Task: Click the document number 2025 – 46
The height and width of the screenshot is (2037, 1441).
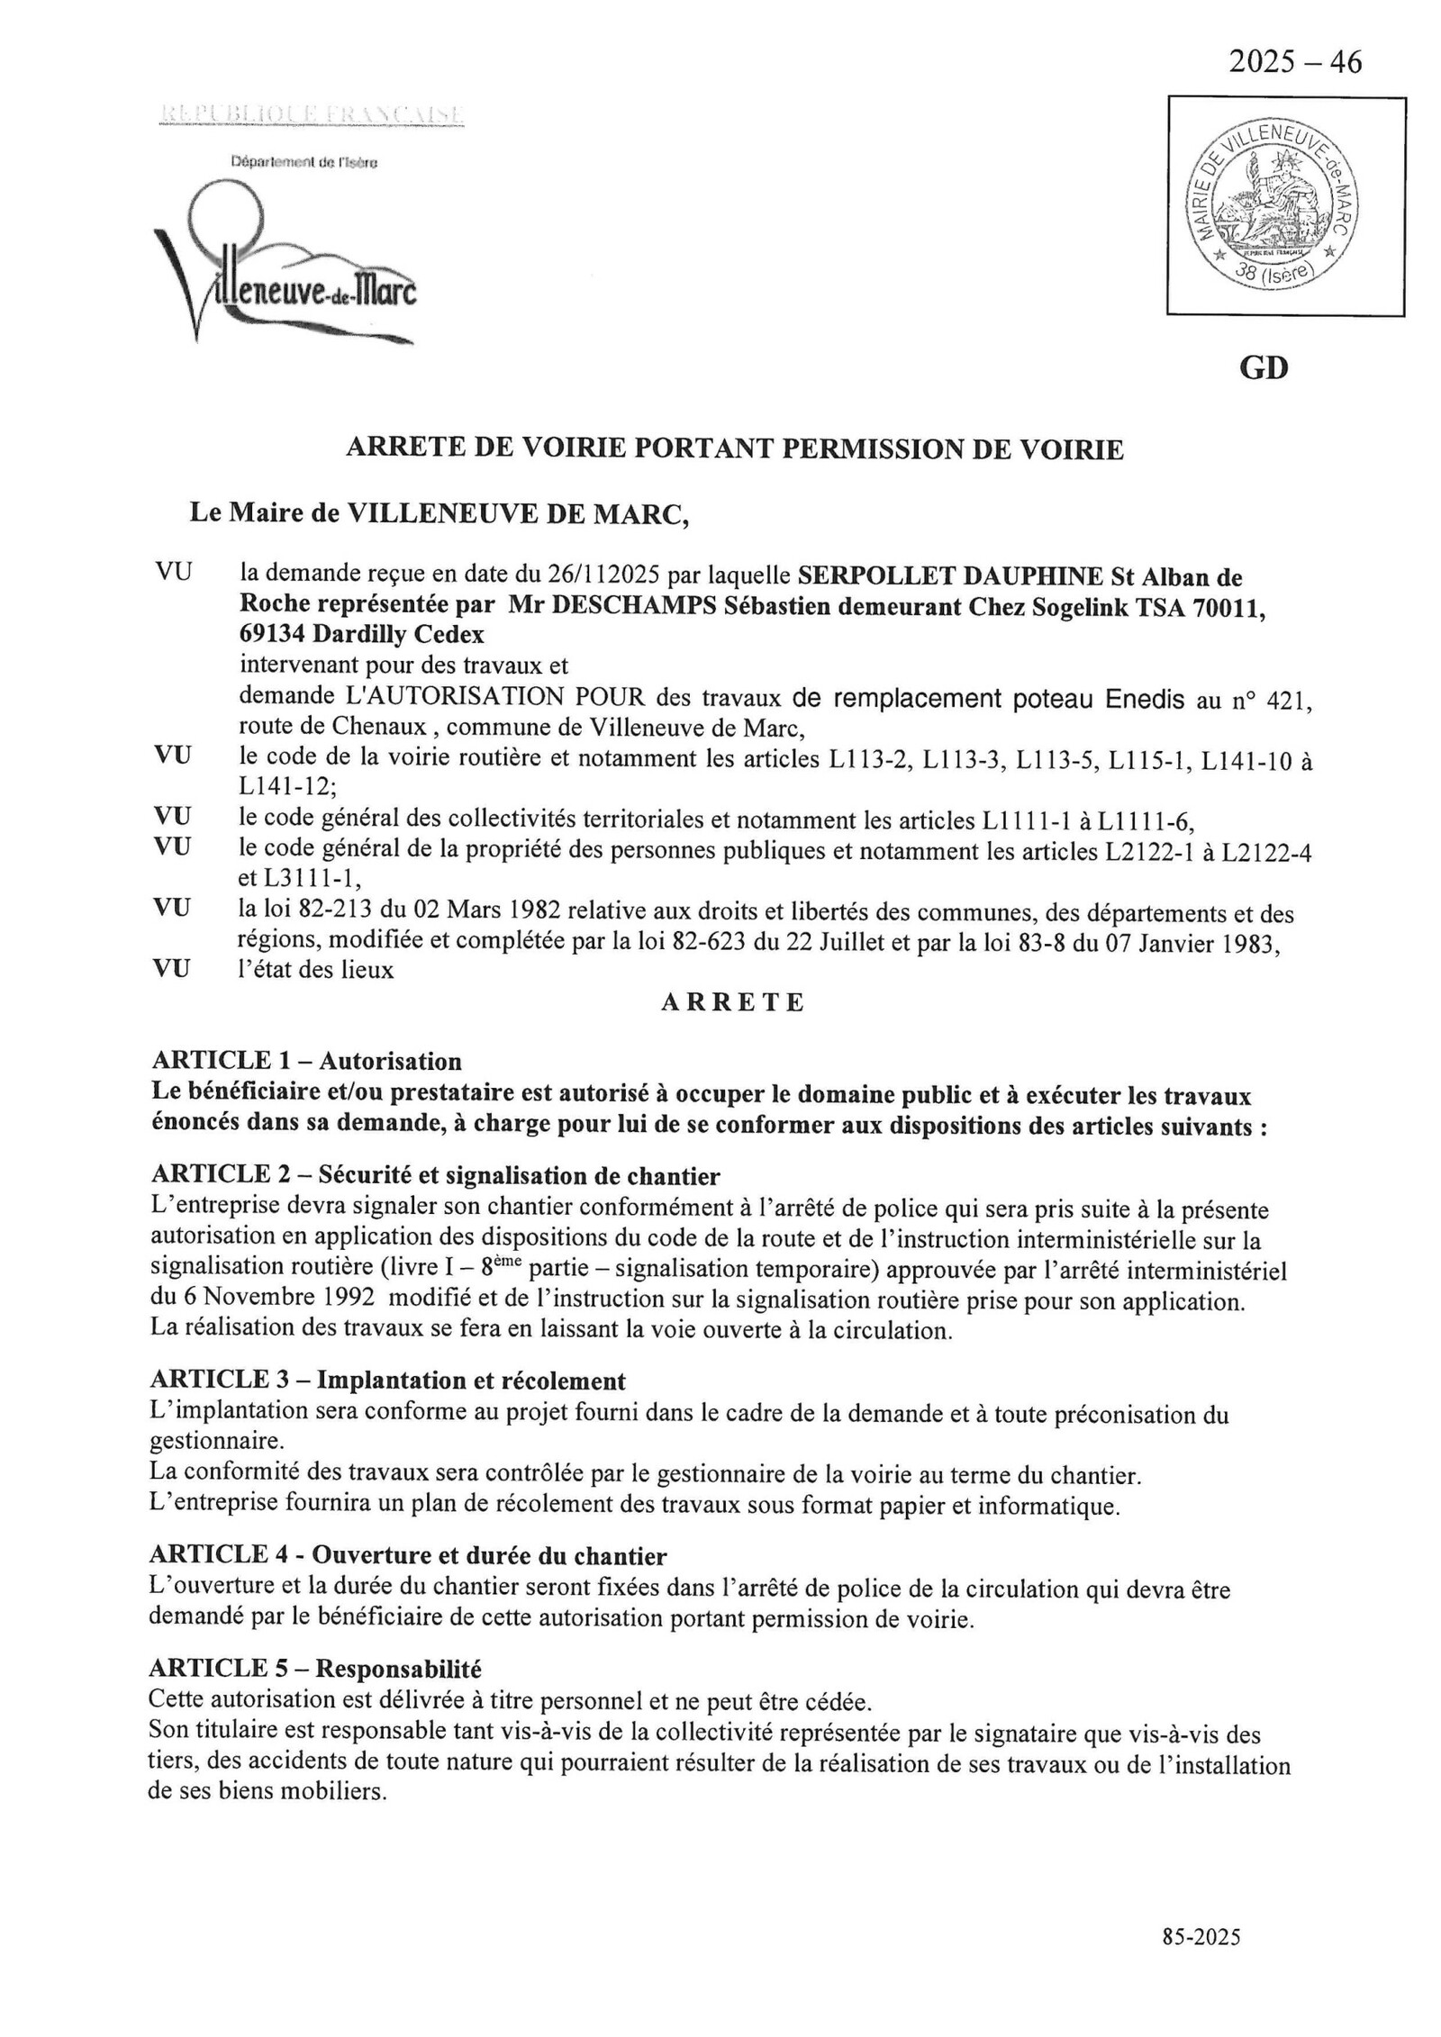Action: [1295, 62]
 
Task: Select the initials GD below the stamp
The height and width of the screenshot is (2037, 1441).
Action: [1264, 368]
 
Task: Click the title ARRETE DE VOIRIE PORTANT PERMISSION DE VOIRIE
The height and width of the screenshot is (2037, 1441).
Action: [735, 449]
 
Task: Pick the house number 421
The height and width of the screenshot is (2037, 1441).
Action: [1290, 700]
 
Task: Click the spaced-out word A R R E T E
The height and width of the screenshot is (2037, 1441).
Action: [732, 1003]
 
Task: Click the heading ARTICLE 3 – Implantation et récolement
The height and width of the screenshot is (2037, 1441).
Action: [387, 1381]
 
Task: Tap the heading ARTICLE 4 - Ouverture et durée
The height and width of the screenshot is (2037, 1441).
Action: [407, 1555]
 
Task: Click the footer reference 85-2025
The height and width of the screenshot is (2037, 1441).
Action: [1201, 1936]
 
